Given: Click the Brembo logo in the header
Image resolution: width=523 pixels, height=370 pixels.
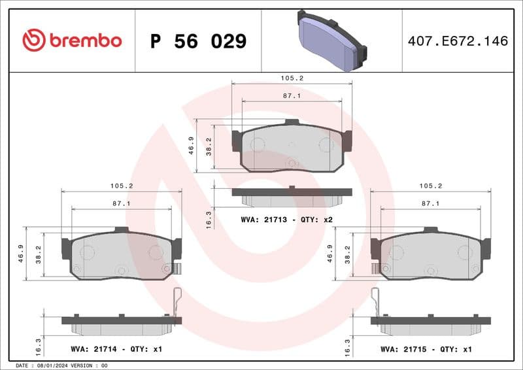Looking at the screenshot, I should pyautogui.click(x=72, y=41).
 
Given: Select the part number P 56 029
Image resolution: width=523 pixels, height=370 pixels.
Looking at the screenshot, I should pyautogui.click(x=198, y=41).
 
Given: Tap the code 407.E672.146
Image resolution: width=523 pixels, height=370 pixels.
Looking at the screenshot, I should pyautogui.click(x=457, y=41).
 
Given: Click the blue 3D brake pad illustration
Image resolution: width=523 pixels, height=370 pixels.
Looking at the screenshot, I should pyautogui.click(x=331, y=41).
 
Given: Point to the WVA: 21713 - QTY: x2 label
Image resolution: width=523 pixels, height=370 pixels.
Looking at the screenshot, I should pyautogui.click(x=286, y=220).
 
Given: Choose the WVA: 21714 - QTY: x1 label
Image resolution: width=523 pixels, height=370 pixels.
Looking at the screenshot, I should pyautogui.click(x=116, y=349).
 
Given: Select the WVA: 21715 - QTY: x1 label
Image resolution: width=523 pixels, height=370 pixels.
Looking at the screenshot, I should pyautogui.click(x=426, y=349).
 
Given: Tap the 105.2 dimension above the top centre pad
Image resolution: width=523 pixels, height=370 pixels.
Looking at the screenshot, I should pyautogui.click(x=292, y=78).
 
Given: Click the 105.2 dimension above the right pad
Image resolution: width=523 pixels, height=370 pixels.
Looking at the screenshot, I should pyautogui.click(x=430, y=186).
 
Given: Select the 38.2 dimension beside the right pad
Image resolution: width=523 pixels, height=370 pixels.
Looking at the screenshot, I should pyautogui.click(x=348, y=254).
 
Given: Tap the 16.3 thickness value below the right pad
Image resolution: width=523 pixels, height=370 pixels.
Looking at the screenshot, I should pyautogui.click(x=348, y=345).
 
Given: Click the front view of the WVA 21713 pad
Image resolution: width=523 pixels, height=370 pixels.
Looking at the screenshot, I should pyautogui.click(x=292, y=147).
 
